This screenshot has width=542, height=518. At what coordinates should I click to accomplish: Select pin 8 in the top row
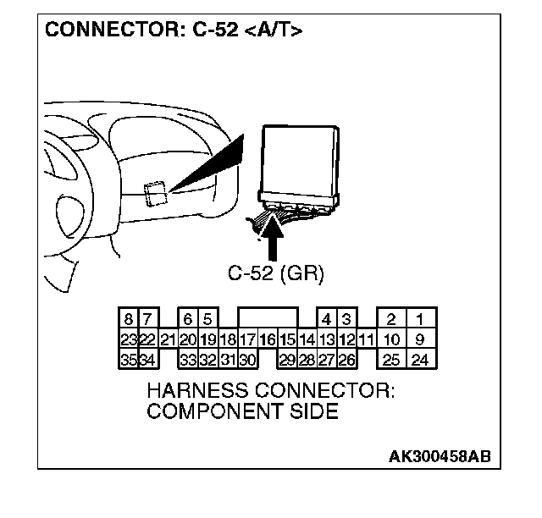[128, 320]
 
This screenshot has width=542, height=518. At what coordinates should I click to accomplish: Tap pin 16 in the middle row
[268, 339]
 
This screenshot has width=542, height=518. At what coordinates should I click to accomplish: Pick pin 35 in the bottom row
[128, 360]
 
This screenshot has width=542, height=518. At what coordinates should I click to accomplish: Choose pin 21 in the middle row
[168, 339]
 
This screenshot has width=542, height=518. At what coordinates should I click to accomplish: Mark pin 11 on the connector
[366, 339]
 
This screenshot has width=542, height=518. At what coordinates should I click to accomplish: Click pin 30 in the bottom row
[247, 360]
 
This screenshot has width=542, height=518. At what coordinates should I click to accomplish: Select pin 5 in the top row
[207, 320]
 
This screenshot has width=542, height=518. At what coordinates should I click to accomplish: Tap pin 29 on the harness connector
[287, 360]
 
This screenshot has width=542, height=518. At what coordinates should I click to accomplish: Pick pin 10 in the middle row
[390, 339]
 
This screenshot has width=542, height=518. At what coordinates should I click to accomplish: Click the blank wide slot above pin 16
[268, 319]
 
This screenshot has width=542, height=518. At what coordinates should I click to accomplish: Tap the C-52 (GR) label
[276, 273]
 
